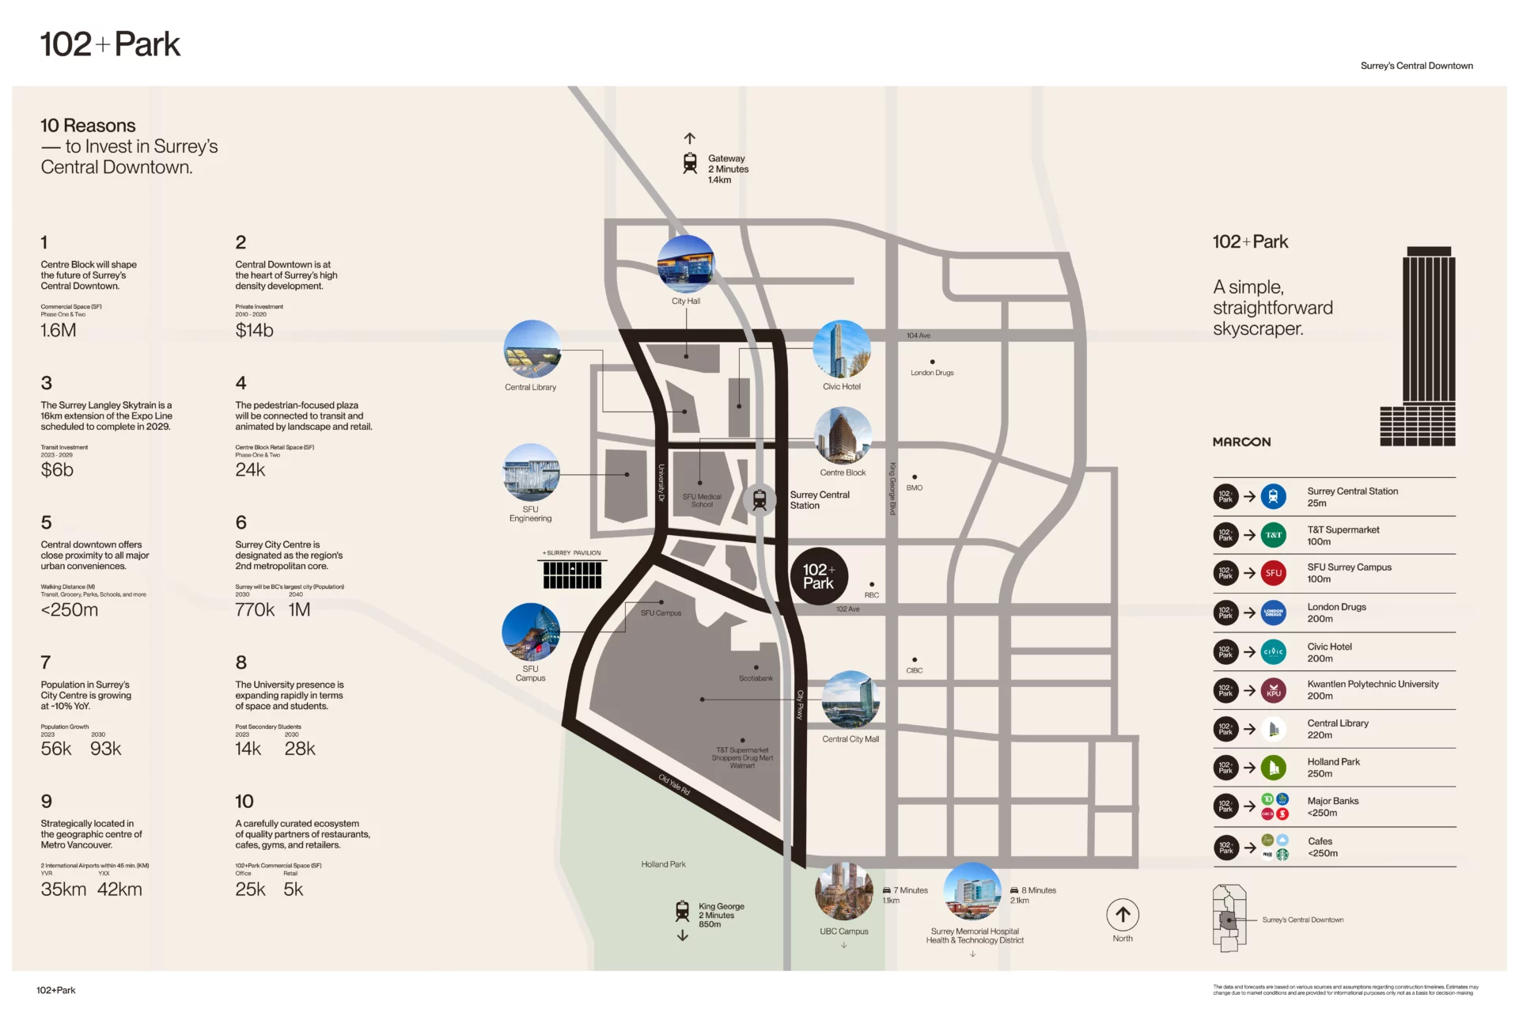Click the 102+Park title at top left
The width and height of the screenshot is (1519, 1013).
tap(110, 44)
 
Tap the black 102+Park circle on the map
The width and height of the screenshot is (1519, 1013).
tap(819, 576)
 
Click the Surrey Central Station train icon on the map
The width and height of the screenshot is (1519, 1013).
tap(759, 499)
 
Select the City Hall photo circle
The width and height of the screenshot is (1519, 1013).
tap(686, 264)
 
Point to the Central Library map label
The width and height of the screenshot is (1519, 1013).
tap(530, 387)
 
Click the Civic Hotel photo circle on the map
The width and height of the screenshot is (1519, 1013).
tap(842, 349)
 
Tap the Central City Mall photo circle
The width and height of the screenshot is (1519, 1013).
tap(850, 700)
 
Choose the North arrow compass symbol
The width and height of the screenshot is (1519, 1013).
tap(1123, 915)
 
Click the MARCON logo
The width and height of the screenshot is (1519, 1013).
tap(1241, 442)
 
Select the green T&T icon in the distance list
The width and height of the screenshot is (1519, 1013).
tap(1273, 535)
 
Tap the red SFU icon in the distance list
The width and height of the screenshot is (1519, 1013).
tap(1273, 573)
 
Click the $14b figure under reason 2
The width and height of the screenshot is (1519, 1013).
tap(254, 330)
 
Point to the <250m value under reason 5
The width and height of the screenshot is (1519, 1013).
tap(70, 609)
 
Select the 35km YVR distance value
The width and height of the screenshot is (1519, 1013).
tap(63, 889)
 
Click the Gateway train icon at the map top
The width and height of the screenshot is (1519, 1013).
tap(690, 163)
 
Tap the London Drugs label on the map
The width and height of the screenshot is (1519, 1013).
tap(932, 373)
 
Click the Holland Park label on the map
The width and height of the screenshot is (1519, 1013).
tap(663, 864)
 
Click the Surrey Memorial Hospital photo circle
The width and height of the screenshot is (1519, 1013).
tap(972, 891)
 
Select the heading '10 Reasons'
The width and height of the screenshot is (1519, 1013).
tap(88, 126)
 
